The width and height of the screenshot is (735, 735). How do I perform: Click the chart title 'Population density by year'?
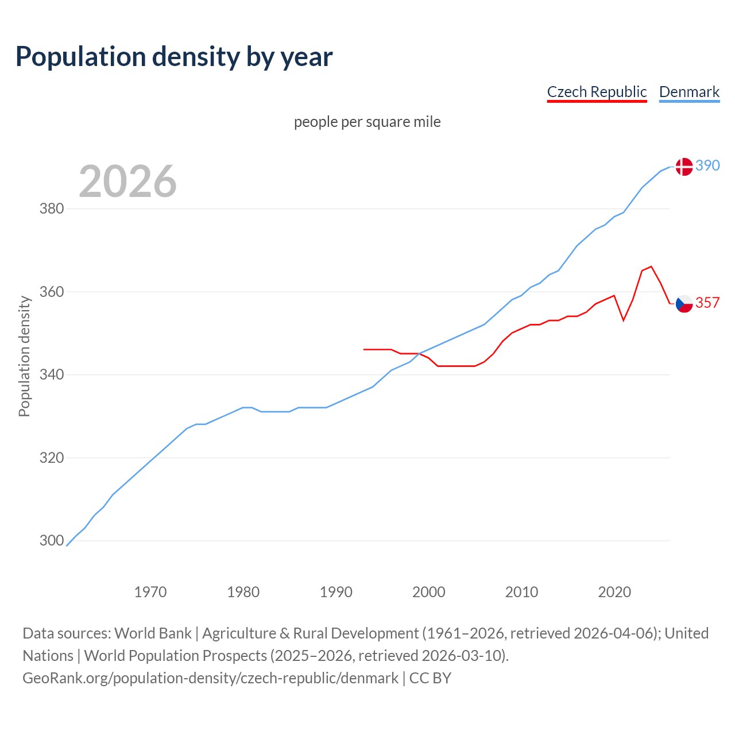click(x=174, y=57)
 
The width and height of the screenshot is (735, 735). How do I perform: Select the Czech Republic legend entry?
click(x=597, y=92)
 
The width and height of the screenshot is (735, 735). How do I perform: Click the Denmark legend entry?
click(x=689, y=92)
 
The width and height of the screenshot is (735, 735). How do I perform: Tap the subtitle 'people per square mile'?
click(x=367, y=122)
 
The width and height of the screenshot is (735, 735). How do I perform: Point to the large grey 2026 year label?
click(x=127, y=181)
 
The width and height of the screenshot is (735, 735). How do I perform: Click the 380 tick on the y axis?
click(x=51, y=208)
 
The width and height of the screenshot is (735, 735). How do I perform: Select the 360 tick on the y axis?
click(x=51, y=292)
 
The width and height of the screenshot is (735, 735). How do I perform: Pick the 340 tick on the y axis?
click(x=51, y=374)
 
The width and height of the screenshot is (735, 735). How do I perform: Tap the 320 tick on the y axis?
click(x=51, y=458)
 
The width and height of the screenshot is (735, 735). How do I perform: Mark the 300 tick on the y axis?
click(x=51, y=540)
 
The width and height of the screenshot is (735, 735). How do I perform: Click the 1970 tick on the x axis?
click(x=150, y=592)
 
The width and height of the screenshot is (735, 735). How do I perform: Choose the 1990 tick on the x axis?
click(x=336, y=592)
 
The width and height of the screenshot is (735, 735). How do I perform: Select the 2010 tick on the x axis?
click(x=521, y=592)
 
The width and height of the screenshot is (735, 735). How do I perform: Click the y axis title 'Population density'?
click(x=24, y=356)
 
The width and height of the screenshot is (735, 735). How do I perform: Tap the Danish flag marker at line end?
click(x=684, y=167)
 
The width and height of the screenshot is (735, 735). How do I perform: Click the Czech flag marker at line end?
click(x=684, y=303)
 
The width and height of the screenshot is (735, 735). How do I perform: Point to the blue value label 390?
click(x=707, y=165)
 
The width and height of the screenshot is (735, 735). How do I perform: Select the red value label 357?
click(x=707, y=303)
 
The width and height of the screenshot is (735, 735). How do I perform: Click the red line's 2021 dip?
click(x=624, y=320)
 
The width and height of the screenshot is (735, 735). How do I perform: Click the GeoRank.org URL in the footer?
click(x=210, y=678)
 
